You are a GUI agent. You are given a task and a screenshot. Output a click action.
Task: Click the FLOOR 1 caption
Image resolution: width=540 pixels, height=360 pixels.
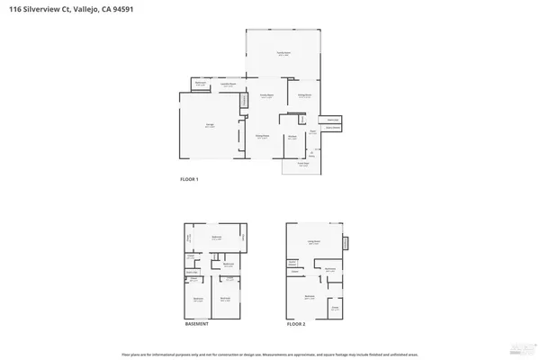coord(190,180)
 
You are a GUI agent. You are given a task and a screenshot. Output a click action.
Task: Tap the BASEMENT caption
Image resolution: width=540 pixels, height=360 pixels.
coord(197,323)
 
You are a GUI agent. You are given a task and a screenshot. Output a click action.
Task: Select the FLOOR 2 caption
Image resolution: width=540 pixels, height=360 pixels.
coord(297,323)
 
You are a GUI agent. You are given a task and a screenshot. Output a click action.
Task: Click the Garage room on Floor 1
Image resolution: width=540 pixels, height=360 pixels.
coord(209,127)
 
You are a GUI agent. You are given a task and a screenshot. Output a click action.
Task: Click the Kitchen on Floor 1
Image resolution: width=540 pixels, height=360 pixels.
coord(292,138)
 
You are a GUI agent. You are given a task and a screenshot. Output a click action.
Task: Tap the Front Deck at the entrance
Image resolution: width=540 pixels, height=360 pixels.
coord(292,165)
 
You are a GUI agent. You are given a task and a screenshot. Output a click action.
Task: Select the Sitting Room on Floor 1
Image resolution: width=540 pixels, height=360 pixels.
coord(305,94)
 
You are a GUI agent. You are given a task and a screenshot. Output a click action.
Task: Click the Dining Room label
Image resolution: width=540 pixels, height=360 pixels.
coord(263,136)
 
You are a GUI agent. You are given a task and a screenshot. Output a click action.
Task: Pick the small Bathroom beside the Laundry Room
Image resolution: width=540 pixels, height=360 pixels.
coord(201,85)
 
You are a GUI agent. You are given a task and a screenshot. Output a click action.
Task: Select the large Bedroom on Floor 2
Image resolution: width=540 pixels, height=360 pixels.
coord(310,296)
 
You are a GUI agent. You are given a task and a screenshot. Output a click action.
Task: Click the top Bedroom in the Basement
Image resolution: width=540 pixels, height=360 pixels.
coord(216,238)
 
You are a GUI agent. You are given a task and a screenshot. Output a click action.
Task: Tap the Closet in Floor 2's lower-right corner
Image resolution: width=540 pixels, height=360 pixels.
coord(335,308)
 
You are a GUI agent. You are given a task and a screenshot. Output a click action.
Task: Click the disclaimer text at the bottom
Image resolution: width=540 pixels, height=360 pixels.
coord(270,353)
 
